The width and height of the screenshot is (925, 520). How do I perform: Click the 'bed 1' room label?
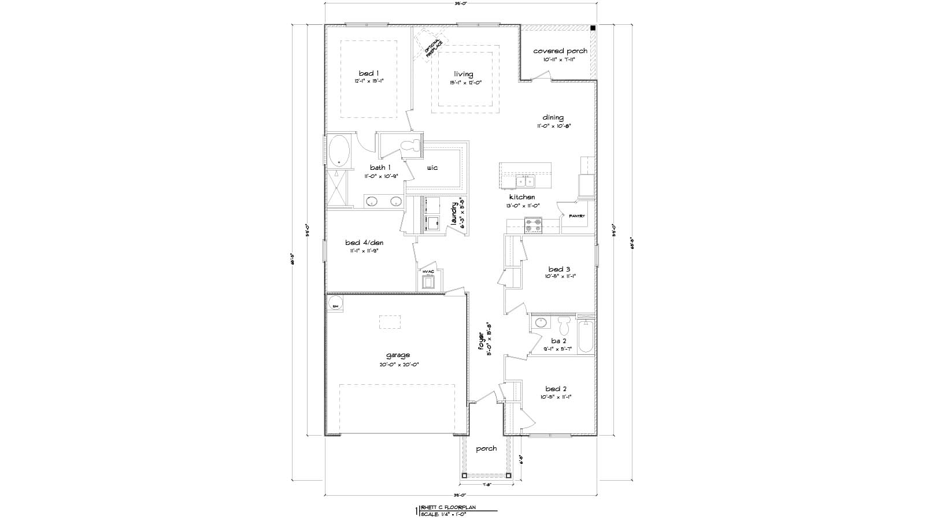[x=369, y=73]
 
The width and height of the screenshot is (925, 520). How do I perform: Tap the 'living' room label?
[x=463, y=74]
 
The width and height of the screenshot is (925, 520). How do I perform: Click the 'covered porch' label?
[x=560, y=51]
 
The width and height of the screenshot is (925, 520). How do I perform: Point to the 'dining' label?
[x=553, y=117]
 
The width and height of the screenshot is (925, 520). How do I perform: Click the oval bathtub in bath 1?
[x=339, y=150]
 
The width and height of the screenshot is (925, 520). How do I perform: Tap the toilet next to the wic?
[x=412, y=145]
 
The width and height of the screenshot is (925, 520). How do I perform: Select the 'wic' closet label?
[x=432, y=168]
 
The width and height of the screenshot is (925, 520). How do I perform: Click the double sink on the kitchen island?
[x=526, y=183]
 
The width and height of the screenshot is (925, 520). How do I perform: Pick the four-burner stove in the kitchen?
[x=533, y=225]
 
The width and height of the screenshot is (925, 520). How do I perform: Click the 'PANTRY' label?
[x=577, y=216]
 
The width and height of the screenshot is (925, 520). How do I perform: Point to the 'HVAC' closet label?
[x=428, y=271]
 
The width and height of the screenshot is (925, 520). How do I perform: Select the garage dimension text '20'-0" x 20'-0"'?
[x=398, y=365]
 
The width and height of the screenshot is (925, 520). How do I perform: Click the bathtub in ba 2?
[x=585, y=336]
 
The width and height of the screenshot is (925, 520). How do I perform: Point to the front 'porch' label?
[x=486, y=448]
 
